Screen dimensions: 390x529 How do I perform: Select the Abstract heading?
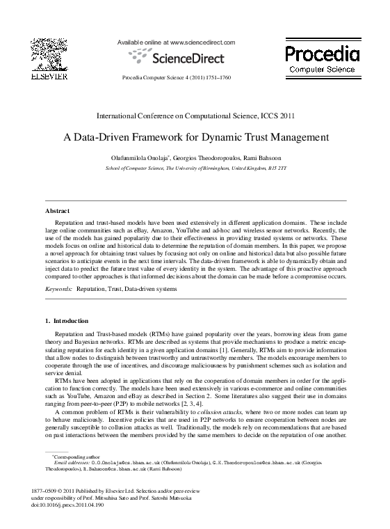point(57,210)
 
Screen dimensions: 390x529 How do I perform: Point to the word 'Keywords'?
point(58,287)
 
